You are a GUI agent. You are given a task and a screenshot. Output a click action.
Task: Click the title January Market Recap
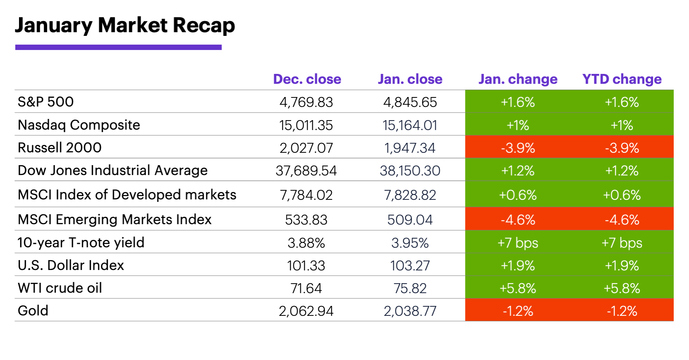(x=125, y=26)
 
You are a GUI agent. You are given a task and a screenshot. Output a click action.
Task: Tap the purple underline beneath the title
(x=118, y=47)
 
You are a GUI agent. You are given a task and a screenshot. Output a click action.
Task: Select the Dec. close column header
(x=307, y=79)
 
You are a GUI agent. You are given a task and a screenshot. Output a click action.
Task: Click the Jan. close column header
(x=410, y=79)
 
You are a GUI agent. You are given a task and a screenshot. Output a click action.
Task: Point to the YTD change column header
(x=622, y=79)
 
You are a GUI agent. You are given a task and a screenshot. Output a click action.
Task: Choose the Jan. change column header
(x=518, y=79)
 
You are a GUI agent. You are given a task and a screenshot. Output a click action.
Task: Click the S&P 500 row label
(x=46, y=102)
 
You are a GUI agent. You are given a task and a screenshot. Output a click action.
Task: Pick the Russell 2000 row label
(x=59, y=147)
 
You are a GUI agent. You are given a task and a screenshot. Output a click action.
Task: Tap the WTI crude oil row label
(x=60, y=288)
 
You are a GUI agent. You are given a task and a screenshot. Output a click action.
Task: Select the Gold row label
(x=33, y=310)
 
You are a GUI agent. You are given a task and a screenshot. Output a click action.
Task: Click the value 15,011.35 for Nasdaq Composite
(x=306, y=125)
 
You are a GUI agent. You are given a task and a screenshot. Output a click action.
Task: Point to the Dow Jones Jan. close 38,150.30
(x=410, y=171)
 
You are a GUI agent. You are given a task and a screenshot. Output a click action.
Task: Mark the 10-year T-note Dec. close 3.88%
(x=306, y=243)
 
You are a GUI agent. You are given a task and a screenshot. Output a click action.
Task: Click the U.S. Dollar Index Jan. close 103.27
(x=410, y=265)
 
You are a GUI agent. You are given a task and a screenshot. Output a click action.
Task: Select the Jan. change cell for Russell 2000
(x=518, y=148)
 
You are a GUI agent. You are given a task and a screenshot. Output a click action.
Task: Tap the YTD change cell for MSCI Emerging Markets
(x=622, y=220)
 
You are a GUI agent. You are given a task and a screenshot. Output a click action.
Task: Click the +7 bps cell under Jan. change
(x=518, y=243)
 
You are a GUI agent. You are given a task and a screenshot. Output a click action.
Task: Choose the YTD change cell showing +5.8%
(x=622, y=288)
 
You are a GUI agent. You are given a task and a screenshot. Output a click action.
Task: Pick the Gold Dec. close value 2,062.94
(x=306, y=311)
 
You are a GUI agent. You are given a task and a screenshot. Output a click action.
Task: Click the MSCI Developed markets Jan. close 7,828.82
(x=410, y=195)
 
